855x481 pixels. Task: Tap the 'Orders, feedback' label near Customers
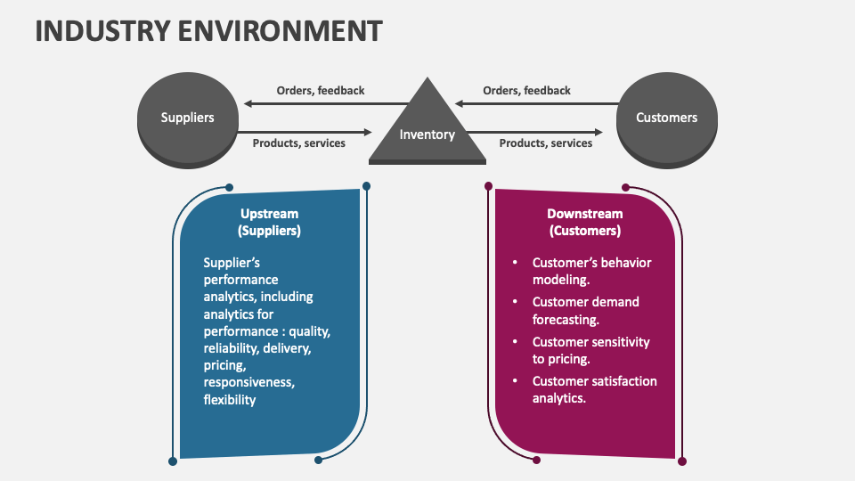pyautogui.click(x=526, y=90)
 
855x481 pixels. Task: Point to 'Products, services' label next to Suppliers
pyautogui.click(x=298, y=143)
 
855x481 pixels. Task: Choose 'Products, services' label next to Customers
pyautogui.click(x=545, y=143)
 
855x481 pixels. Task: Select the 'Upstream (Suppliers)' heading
pyautogui.click(x=269, y=222)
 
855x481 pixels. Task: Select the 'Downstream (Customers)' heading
pyautogui.click(x=584, y=222)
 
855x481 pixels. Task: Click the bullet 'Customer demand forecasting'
pyautogui.click(x=585, y=310)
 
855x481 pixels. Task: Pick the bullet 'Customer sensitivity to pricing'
pyautogui.click(x=590, y=350)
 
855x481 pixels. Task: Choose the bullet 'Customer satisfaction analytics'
pyautogui.click(x=594, y=389)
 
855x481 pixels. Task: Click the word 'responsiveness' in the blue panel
pyautogui.click(x=248, y=382)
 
